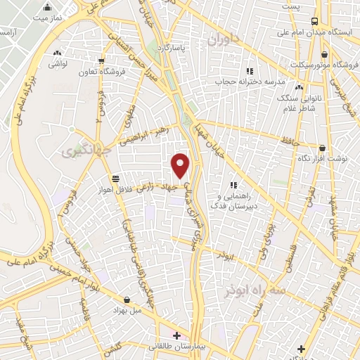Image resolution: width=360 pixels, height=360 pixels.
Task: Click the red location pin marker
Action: pyautogui.click(x=181, y=166)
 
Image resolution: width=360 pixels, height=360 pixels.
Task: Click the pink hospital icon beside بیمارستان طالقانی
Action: pyautogui.click(x=176, y=335)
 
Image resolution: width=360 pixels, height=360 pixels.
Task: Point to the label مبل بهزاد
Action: pyautogui.click(x=127, y=310)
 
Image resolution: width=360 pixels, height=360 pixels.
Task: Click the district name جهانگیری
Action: pyautogui.click(x=78, y=151)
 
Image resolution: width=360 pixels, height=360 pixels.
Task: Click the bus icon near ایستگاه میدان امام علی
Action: pyautogui.click(x=314, y=21)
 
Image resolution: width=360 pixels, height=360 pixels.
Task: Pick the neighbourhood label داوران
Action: pyautogui.click(x=223, y=40)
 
